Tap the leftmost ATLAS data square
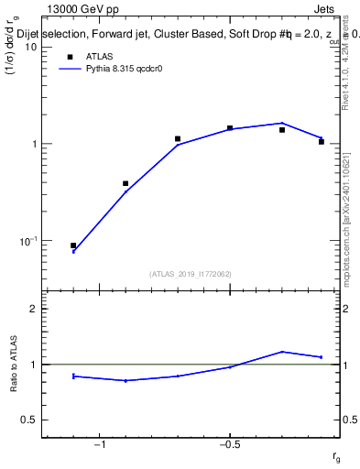pyautogui.click(x=73, y=245)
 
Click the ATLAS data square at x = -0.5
pyautogui.click(x=230, y=128)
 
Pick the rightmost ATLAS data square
pyautogui.click(x=322, y=142)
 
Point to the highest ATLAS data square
pyautogui.click(x=230, y=128)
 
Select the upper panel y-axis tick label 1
pyautogui.click(x=33, y=144)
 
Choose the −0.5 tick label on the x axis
pyautogui.click(x=227, y=444)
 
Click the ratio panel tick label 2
pyautogui.click(x=33, y=309)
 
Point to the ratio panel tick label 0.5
pyautogui.click(x=28, y=420)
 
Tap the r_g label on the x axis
pyautogui.click(x=336, y=456)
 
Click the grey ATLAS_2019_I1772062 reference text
pyautogui.click(x=191, y=274)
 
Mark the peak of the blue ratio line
pyautogui.click(x=283, y=352)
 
